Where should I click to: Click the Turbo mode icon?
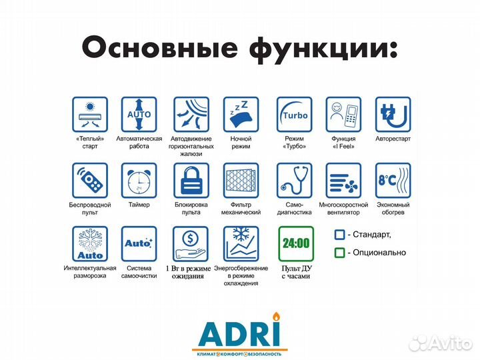(294, 114)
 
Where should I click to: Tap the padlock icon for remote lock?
(191, 180)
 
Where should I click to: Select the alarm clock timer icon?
(139, 180)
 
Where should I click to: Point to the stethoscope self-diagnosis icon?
(294, 180)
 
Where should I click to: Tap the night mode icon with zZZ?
(240, 114)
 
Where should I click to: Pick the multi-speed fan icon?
(343, 180)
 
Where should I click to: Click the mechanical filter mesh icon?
(240, 180)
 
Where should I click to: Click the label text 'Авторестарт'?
(393, 139)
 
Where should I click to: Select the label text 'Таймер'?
(139, 205)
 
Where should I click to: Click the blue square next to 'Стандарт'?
(339, 235)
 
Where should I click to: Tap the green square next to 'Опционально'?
(339, 253)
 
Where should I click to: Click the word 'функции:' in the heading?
(322, 47)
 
